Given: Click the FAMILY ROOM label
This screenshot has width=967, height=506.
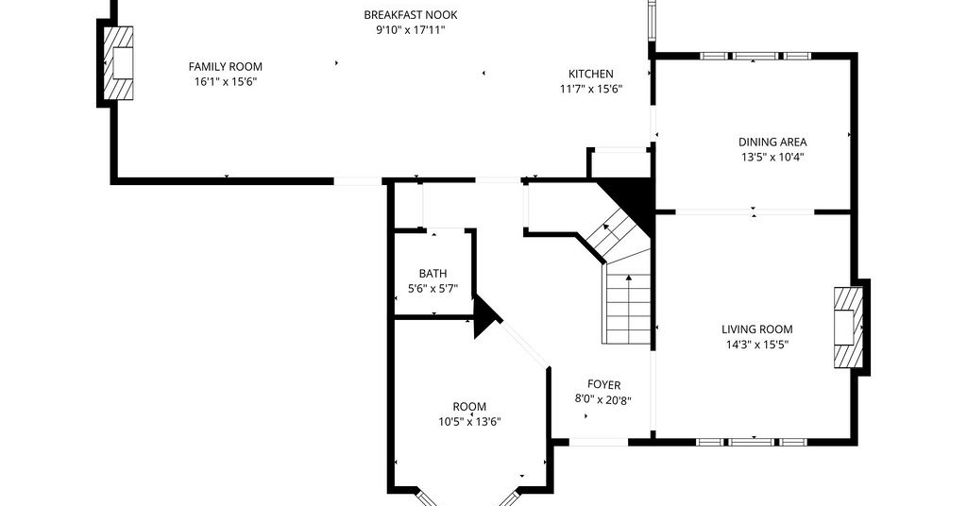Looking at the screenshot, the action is [225, 67].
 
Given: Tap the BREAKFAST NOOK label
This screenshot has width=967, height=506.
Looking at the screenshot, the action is [411, 15].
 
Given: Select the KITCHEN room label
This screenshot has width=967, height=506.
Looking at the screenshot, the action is [591, 74].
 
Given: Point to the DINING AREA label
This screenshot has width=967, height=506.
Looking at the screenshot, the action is [772, 143].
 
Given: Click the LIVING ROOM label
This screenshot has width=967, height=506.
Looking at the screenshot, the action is [757, 329].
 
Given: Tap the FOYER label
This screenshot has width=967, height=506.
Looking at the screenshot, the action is [603, 385].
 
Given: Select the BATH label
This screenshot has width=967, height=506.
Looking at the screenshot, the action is [433, 274].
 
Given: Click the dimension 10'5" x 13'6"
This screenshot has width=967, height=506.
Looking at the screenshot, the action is [469, 422].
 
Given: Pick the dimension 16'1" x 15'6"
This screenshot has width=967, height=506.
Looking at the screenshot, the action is [225, 82].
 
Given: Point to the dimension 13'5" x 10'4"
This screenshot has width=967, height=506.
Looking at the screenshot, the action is [772, 157].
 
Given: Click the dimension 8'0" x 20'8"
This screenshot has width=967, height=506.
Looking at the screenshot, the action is [603, 399].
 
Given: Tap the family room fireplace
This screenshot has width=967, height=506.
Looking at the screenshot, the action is [118, 63].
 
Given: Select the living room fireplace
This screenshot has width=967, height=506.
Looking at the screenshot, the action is [849, 328].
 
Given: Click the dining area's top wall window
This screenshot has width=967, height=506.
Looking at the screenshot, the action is [755, 56].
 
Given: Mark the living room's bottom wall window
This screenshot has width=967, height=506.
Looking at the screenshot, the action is [752, 442].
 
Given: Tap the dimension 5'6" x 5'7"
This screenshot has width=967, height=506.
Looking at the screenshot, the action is [433, 289].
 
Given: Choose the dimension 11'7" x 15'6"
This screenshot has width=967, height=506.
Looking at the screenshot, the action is [591, 90].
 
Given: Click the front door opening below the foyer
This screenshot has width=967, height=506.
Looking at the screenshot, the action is [598, 442].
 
